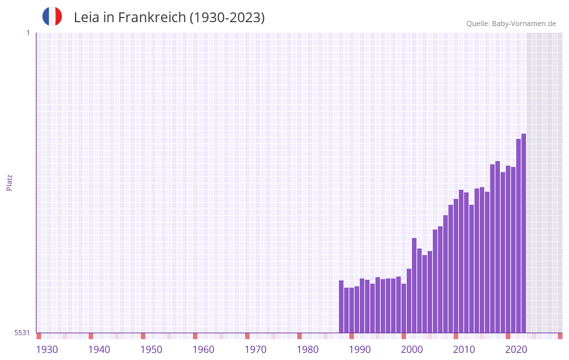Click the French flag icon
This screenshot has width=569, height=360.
coord(52,16)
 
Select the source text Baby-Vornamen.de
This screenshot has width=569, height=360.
coord(523,23)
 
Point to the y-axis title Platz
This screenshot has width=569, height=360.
coord(9,182)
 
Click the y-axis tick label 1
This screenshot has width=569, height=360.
coord(27,33)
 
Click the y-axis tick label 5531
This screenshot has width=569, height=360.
coord(22,333)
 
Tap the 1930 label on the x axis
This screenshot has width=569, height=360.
coord(47,350)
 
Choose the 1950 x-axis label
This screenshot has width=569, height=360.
coord(151,350)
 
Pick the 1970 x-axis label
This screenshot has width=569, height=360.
coord(255,350)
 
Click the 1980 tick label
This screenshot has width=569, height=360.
coord(308,350)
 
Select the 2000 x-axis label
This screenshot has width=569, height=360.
coord(412,350)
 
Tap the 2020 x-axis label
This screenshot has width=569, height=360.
coord(516,350)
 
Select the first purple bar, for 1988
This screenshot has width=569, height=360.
coord(341,307)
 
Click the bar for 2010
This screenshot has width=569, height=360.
coord(461,261)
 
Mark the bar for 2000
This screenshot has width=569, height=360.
coord(409,300)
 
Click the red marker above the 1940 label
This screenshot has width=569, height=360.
coord(91,336)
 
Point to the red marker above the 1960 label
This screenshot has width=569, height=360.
coord(195,336)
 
